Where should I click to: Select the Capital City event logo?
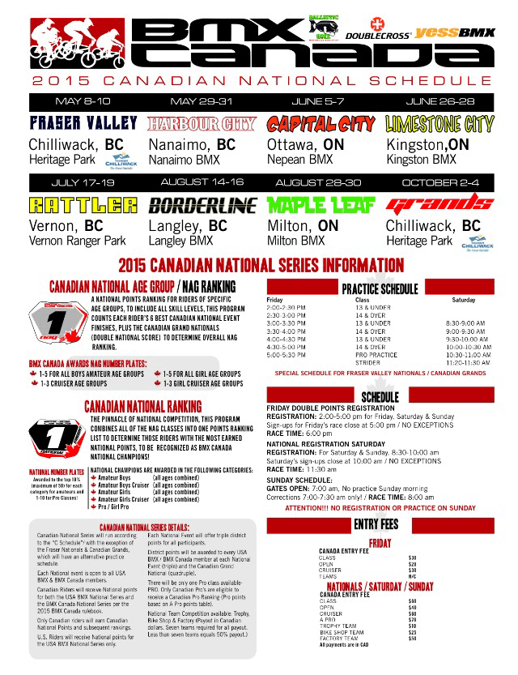pyautogui.click(x=321, y=124)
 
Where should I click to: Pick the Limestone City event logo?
pyautogui.click(x=440, y=124)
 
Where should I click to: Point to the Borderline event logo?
pyautogui.click(x=202, y=204)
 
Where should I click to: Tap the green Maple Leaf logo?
pyautogui.click(x=321, y=204)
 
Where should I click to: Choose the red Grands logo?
pyautogui.click(x=440, y=204)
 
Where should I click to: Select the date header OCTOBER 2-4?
pyautogui.click(x=440, y=182)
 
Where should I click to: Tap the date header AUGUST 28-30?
pyautogui.click(x=321, y=182)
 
